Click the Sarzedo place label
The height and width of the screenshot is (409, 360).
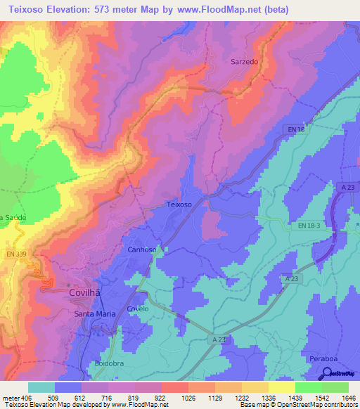pyautogui.click(x=245, y=62)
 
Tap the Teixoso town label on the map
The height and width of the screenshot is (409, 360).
pyautogui.click(x=179, y=204)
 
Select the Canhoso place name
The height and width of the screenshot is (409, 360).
pyautogui.click(x=142, y=249)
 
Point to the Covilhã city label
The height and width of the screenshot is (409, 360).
pyautogui.click(x=89, y=294)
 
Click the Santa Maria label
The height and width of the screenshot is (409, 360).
pyautogui.click(x=94, y=313)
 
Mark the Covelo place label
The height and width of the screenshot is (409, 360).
pyautogui.click(x=138, y=309)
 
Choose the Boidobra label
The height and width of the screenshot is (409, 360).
pyautogui.click(x=108, y=363)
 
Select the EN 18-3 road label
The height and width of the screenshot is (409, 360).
pyautogui.click(x=307, y=224)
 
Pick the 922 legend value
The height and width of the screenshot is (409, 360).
pyautogui.click(x=162, y=398)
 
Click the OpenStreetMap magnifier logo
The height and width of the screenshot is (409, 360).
pyautogui.click(x=328, y=375)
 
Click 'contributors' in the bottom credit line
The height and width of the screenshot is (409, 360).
pyautogui.click(x=340, y=405)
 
